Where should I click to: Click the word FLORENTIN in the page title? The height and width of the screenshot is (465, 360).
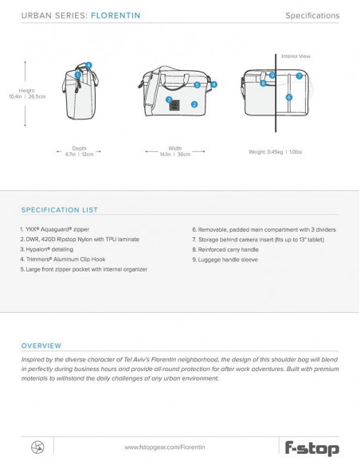tap(115, 15)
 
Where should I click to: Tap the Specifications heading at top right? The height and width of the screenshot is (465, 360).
tap(312, 16)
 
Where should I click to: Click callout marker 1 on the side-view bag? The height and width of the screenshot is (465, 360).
tap(78, 75)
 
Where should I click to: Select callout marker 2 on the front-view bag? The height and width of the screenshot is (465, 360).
tap(194, 104)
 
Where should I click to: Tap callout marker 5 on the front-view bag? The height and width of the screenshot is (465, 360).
tap(198, 85)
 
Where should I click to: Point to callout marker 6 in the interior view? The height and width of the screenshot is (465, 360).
tap(289, 97)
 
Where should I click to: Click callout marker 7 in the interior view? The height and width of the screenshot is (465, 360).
tap(299, 76)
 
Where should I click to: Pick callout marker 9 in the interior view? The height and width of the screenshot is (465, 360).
tap(272, 75)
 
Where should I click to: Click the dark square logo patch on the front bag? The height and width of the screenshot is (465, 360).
tap(174, 105)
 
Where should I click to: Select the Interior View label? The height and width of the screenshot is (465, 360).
tap(295, 57)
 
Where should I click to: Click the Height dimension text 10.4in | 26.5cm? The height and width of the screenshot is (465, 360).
tap(27, 96)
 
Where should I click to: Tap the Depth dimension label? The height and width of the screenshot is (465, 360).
tap(79, 148)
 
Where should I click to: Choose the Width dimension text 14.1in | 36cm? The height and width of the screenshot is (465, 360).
tap(175, 154)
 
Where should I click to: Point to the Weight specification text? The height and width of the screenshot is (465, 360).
tap(276, 152)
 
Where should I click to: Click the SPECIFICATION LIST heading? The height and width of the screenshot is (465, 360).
tap(59, 210)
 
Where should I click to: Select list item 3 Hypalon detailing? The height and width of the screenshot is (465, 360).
tap(47, 249)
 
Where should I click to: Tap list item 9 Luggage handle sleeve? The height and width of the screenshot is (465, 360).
tap(225, 260)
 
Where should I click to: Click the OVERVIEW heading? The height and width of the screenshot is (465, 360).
tap(41, 346)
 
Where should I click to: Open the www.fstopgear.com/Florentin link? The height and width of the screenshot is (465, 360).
tap(165, 447)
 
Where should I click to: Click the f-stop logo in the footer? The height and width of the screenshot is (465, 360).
tap(312, 448)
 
